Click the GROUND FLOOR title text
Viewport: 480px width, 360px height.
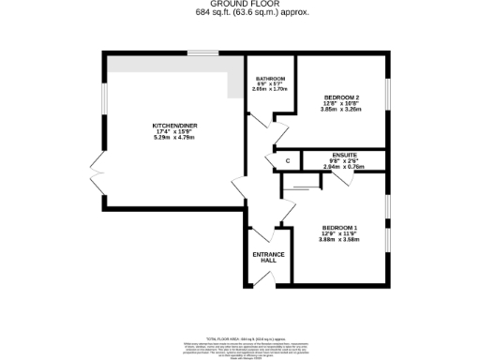click(240, 5)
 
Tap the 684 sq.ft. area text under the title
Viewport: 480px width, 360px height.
click(240, 12)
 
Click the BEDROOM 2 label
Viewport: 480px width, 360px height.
click(342, 97)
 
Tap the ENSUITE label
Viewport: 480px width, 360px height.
click(344, 154)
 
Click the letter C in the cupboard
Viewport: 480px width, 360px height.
click(288, 162)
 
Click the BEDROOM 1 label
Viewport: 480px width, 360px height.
click(339, 227)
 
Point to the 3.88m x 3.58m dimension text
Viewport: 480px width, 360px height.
click(339, 240)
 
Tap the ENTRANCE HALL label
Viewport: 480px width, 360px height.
click(267, 257)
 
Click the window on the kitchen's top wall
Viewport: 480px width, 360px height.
click(199, 52)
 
